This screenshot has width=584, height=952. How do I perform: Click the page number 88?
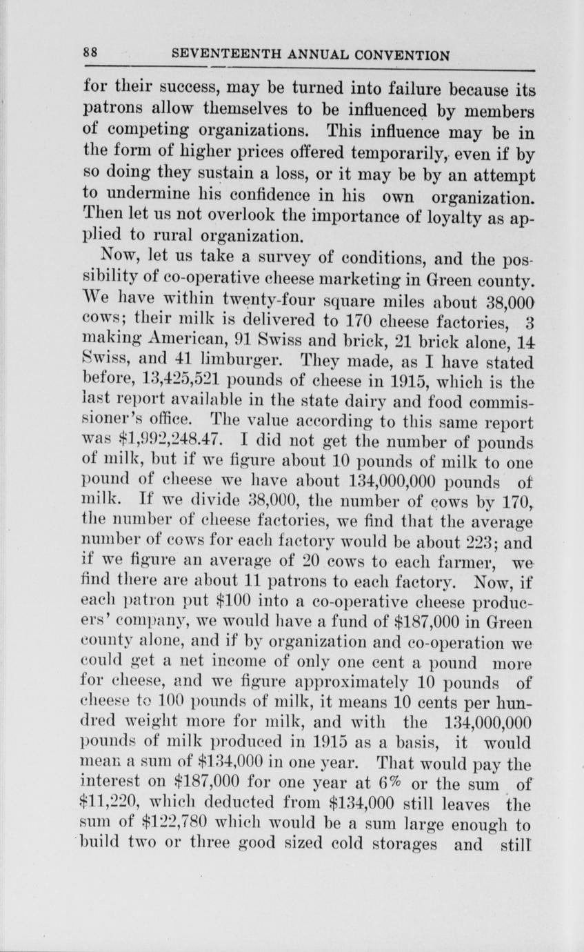click(90, 54)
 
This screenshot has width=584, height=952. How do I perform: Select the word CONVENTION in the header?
click(399, 54)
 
